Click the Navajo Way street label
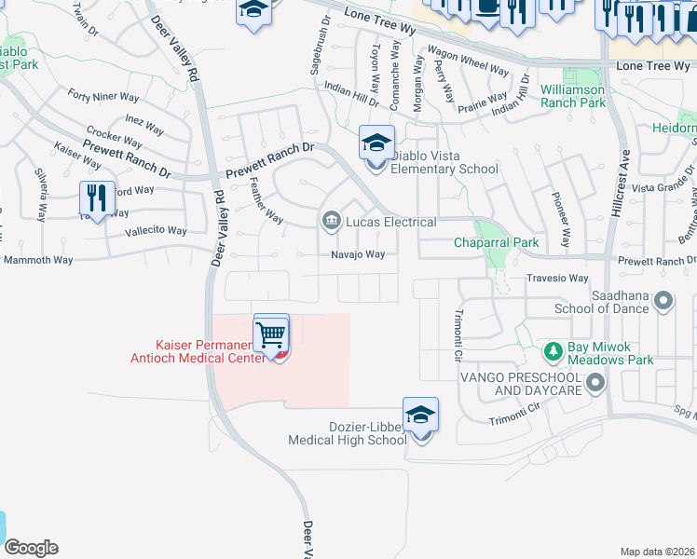[358, 254]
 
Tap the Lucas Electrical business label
[390, 222]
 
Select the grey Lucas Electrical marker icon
[331, 221]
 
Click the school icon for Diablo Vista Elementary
[376, 143]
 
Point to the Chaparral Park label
[497, 243]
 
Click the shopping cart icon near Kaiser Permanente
[271, 333]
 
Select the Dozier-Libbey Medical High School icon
[420, 416]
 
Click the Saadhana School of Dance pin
[663, 300]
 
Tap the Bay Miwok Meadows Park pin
[551, 352]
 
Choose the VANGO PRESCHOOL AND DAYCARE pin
[594, 382]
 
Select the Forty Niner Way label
[103, 96]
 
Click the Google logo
[31, 548]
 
